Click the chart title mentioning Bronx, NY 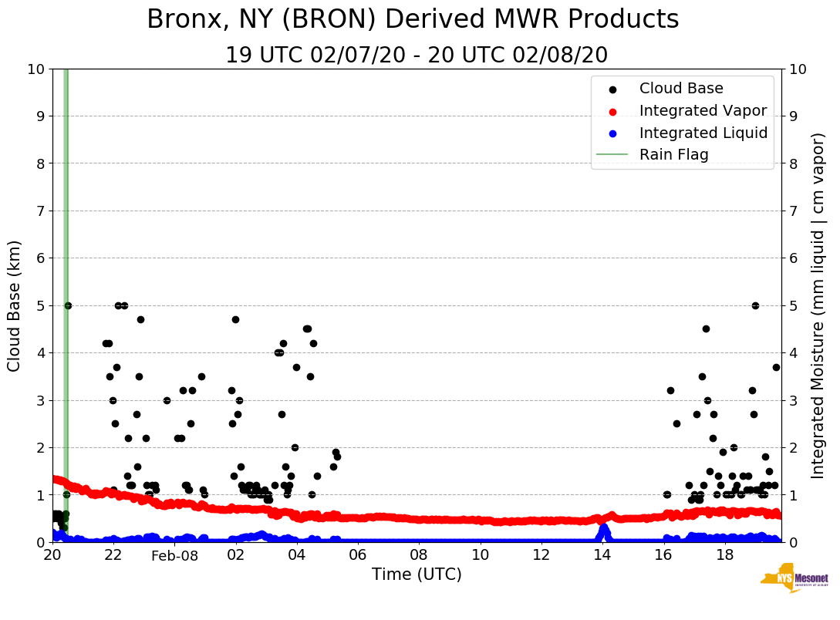click(413, 20)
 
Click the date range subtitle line click(417, 56)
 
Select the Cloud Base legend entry click(681, 89)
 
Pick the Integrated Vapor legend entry click(703, 111)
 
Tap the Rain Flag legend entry click(673, 154)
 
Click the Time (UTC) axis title click(417, 575)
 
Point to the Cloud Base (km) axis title click(15, 305)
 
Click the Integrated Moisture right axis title click(818, 305)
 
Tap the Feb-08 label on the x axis click(174, 556)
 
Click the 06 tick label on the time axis click(357, 555)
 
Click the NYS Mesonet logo click(794, 582)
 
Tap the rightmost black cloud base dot click(776, 367)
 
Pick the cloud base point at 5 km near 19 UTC click(755, 305)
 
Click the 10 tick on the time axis click(480, 555)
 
